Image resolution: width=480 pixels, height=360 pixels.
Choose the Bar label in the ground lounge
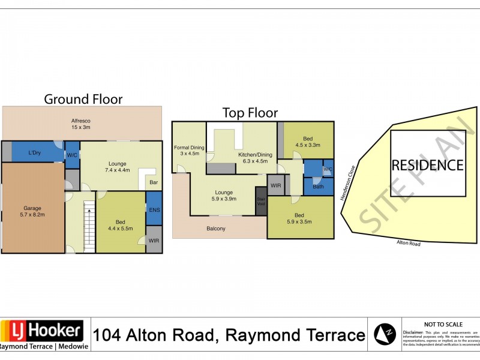pos(153,182)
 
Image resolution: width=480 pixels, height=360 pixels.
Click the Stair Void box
pos(260,201)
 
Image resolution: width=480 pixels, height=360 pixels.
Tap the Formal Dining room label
pos(189,151)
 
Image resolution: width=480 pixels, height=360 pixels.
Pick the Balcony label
pos(216,229)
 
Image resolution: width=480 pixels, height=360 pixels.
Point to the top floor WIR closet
pos(276,186)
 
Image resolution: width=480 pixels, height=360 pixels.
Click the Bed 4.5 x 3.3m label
pos(308,141)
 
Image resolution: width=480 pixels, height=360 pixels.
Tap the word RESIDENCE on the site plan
pos(427,165)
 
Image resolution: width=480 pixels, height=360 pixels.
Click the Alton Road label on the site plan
pos(408,243)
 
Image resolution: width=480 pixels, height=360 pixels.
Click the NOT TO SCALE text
pos(441,323)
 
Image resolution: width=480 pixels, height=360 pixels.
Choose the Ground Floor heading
pos(83,99)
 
